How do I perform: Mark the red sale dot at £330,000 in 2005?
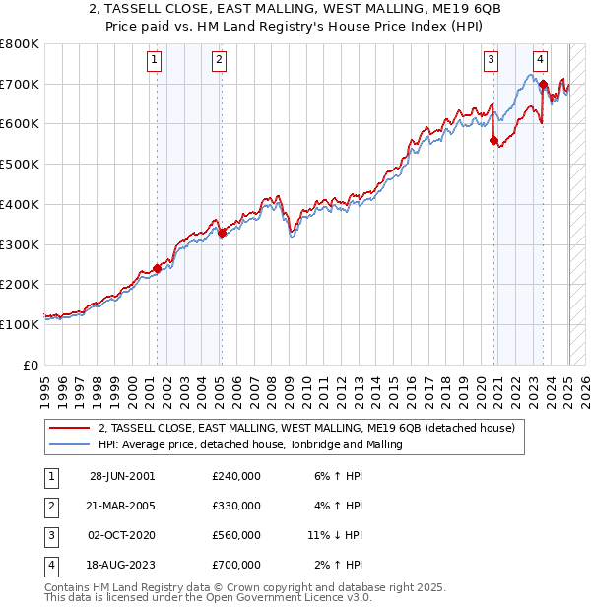coord(222,233)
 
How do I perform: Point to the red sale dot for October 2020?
coord(493,141)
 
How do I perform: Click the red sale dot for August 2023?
coord(543,84)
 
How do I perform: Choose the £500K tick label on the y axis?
coord(20,164)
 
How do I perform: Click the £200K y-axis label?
coord(20,284)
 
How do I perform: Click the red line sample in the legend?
coord(70,429)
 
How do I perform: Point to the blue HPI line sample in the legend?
coord(70,445)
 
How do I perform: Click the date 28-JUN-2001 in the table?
coord(122,476)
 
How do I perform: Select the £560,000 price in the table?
coord(236,535)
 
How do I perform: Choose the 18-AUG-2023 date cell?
coord(122,565)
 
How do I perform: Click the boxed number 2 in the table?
coord(48,506)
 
